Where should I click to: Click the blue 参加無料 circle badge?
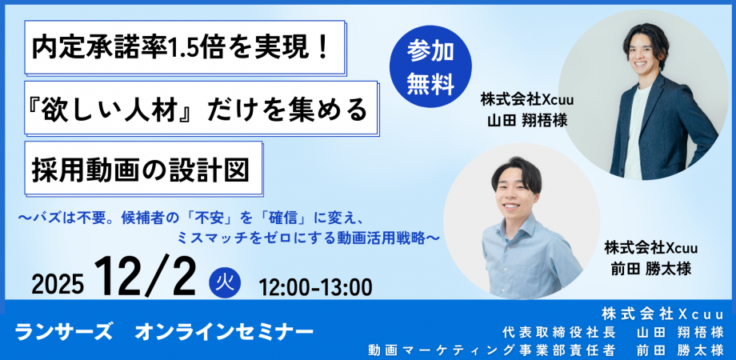click(x=430, y=66)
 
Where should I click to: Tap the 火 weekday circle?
click(x=225, y=282)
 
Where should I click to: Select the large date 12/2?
click(x=145, y=278)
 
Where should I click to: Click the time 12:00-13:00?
click(x=315, y=286)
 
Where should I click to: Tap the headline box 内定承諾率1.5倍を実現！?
click(x=185, y=47)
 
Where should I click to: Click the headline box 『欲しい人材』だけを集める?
click(x=202, y=108)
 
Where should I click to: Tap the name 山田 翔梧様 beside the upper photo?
click(x=527, y=120)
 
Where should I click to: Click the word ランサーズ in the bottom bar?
click(x=63, y=333)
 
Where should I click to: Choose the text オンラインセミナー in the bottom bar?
click(x=224, y=333)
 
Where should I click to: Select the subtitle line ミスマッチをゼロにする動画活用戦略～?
click(x=308, y=238)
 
